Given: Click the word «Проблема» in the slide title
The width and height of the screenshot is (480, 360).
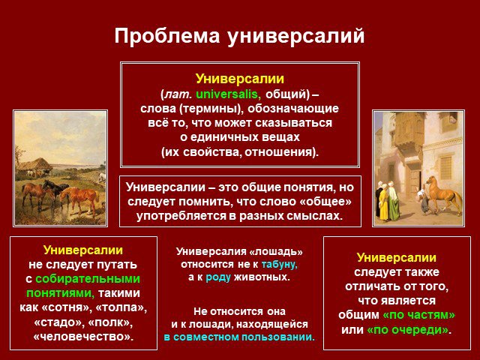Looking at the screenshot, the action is (166, 36).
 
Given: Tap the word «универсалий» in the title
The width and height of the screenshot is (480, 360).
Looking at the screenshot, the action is (295, 36).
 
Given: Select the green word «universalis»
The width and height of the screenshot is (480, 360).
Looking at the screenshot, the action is (228, 94).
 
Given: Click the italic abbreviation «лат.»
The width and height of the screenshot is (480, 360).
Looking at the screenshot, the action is (178, 94).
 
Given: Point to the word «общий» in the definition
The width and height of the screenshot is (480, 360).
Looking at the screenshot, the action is (286, 94).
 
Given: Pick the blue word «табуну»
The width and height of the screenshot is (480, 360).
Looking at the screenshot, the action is (279, 264).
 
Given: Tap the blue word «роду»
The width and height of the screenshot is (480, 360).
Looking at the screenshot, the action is (218, 277).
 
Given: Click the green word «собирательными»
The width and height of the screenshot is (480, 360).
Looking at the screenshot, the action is (88, 279).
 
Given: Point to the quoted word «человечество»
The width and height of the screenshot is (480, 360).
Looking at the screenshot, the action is (83, 337).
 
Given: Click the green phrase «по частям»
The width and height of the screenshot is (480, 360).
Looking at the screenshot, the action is (418, 315).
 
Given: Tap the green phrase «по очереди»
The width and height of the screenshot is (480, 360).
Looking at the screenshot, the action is (408, 330).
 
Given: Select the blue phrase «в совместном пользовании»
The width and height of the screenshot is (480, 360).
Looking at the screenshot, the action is (239, 337).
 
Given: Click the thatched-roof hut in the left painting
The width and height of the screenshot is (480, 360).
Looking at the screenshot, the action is (34, 166).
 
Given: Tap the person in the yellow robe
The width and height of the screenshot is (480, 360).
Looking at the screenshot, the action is (383, 202).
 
